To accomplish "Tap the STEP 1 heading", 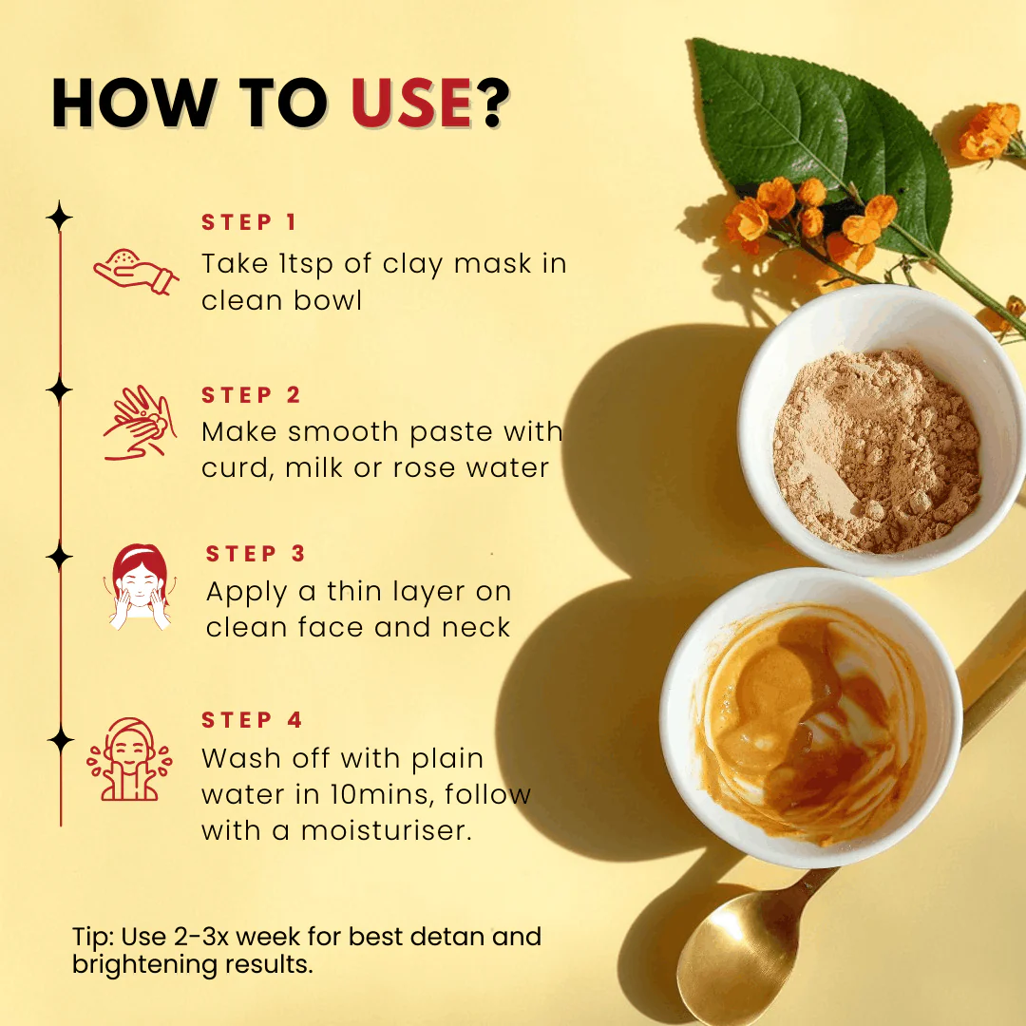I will click(249, 223).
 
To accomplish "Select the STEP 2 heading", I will click(251, 395).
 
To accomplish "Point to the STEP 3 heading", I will click(256, 554).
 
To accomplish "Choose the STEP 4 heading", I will click(252, 721).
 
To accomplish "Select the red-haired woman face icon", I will click(139, 587).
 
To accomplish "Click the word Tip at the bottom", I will click(92, 937).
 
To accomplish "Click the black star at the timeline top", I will click(60, 218).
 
